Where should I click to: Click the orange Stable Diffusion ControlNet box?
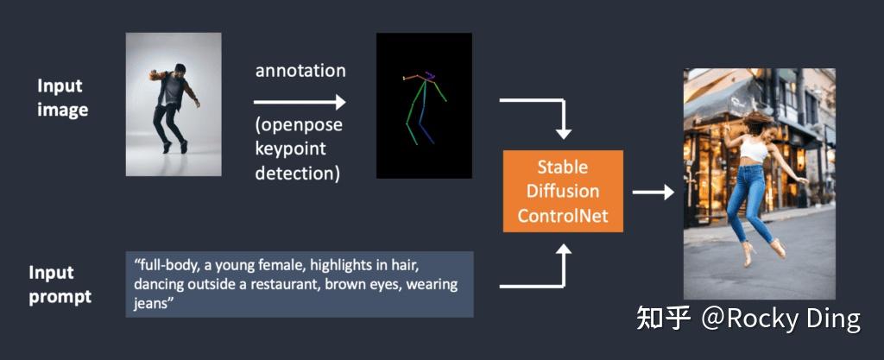pyautogui.click(x=562, y=191)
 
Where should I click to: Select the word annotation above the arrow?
pyautogui.click(x=300, y=70)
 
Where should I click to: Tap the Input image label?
pyautogui.click(x=61, y=98)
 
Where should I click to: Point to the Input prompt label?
pyautogui.click(x=60, y=285)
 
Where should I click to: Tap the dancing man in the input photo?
pyautogui.click(x=174, y=107)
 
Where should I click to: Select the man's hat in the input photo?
pyautogui.click(x=180, y=67)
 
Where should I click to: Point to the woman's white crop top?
pyautogui.click(x=755, y=150)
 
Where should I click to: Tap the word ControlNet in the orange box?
pyautogui.click(x=562, y=215)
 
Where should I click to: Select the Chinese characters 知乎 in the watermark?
pyautogui.click(x=663, y=319)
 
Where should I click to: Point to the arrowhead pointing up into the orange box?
pyautogui.click(x=563, y=250)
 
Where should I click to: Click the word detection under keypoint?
pyautogui.click(x=297, y=173)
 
